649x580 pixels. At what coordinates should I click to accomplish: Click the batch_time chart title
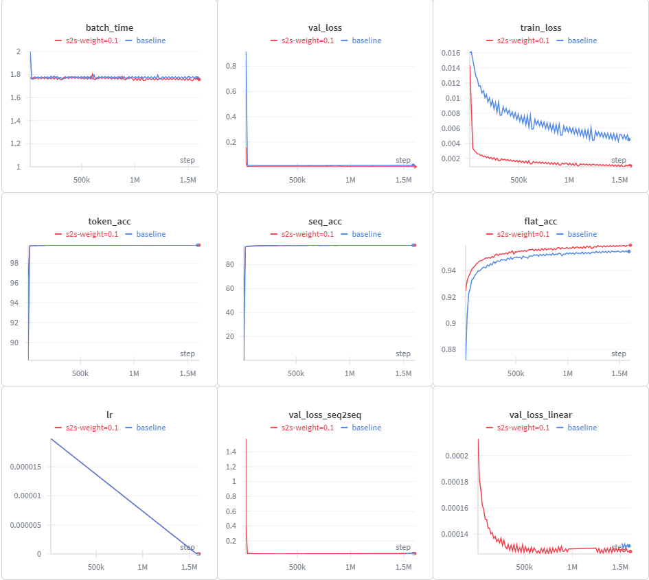click(x=109, y=27)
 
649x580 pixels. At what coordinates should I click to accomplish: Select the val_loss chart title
click(x=325, y=27)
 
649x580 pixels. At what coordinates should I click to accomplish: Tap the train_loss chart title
click(x=541, y=27)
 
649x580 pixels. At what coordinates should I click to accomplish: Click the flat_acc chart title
click(x=540, y=221)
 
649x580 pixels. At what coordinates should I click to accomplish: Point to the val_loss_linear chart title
click(x=540, y=415)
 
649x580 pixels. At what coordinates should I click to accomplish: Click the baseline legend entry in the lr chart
click(x=150, y=428)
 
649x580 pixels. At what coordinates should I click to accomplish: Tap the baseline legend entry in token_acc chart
click(x=150, y=234)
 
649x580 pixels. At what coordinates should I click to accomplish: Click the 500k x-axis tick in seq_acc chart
click(x=296, y=373)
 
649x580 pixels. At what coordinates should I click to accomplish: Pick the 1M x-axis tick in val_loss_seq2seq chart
click(x=350, y=568)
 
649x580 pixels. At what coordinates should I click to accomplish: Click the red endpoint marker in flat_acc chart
click(x=630, y=245)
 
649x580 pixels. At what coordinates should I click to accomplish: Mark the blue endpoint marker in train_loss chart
click(x=629, y=139)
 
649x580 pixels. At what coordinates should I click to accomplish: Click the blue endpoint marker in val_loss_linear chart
click(x=629, y=546)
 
